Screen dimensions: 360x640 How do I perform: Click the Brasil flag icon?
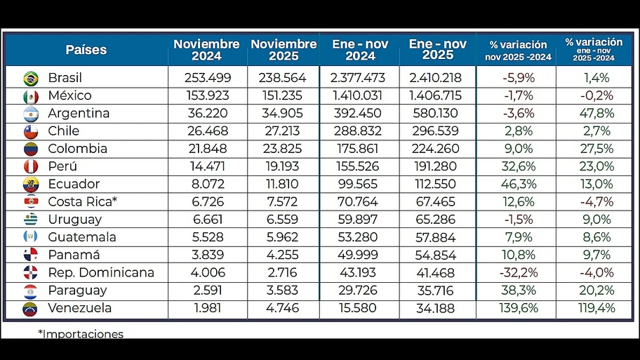point(30,78)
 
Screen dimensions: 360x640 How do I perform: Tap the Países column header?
point(86,50)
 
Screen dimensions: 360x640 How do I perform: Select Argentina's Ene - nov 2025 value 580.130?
point(434,113)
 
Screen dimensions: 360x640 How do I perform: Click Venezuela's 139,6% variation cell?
point(518,308)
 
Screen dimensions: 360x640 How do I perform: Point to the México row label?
point(69,95)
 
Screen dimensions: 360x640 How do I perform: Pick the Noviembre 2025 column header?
point(284,50)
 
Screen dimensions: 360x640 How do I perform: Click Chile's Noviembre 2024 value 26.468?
point(207,131)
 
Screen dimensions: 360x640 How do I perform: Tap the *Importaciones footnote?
point(81,334)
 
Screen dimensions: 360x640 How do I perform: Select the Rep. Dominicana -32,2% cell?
point(518,272)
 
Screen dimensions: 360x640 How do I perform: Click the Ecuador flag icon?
point(30,185)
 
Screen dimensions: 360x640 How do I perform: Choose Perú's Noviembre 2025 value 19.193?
point(284,166)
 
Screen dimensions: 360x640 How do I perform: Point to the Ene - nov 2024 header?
point(360,50)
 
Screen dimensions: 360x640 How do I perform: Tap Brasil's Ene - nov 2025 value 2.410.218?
point(434,78)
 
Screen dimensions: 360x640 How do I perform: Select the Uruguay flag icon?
point(30,220)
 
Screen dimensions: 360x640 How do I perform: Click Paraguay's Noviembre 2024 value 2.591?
point(207,290)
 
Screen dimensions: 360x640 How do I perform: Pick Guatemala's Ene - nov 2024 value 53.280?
point(360,237)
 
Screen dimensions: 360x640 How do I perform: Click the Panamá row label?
point(74,255)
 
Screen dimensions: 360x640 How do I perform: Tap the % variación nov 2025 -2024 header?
point(518,51)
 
